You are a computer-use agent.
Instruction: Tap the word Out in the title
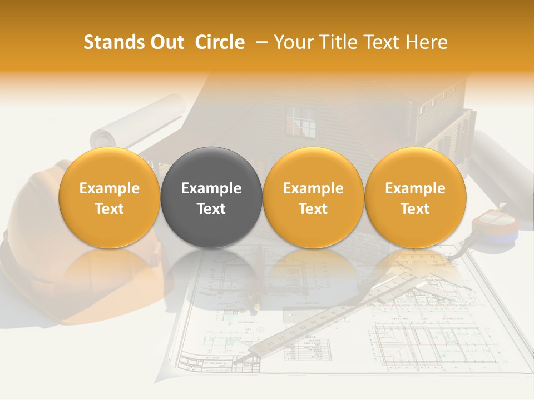pos(165,42)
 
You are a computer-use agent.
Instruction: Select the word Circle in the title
pos(220,42)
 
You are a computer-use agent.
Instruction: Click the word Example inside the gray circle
pos(211,188)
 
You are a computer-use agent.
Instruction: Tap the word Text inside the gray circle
pos(211,209)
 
